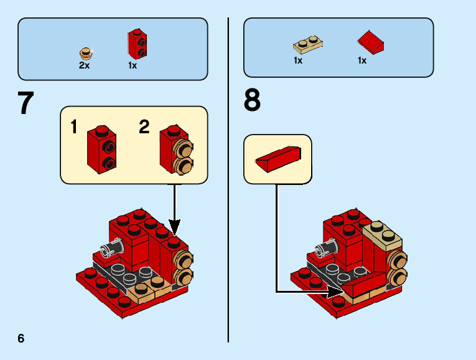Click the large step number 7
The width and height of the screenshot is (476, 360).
25,103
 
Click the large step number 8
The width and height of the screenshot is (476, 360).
252,100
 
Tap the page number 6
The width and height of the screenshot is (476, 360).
21,338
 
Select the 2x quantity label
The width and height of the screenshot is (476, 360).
84,65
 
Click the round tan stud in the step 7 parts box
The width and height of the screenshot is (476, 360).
86,52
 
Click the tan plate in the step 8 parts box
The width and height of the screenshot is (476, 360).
307,44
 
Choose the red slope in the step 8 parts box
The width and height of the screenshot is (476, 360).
371,42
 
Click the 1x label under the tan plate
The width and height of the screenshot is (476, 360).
298,60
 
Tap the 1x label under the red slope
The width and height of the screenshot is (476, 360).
362,60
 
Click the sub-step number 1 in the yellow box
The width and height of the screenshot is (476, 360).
74,128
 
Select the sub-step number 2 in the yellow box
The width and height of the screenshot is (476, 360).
144,127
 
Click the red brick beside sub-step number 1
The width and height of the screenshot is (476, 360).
102,148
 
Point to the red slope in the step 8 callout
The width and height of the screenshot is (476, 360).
278,159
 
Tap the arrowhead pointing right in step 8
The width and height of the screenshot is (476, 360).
335,291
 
